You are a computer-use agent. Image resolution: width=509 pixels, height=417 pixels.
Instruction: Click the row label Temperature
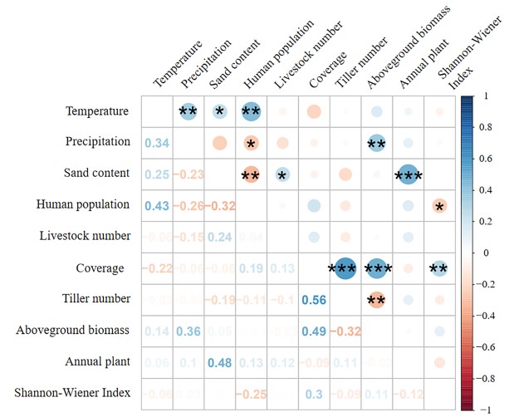(98, 110)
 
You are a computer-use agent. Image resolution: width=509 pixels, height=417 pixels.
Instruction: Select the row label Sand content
(96, 173)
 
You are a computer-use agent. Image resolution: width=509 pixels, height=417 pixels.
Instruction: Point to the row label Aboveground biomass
(73, 330)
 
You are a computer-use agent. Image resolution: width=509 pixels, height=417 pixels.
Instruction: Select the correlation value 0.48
(219, 362)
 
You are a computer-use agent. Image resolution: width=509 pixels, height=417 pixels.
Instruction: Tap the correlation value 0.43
(156, 205)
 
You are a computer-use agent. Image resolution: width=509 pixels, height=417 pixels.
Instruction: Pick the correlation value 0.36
(188, 331)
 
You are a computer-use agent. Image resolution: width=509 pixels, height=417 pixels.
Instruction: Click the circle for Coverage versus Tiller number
(345, 268)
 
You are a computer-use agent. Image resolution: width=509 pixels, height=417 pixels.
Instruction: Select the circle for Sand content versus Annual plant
(407, 174)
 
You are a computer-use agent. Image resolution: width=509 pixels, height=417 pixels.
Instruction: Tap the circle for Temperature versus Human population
(251, 111)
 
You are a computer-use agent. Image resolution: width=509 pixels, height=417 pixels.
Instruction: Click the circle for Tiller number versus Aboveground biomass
(376, 300)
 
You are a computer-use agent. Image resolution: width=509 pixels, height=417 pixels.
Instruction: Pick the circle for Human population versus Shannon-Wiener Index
(438, 205)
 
